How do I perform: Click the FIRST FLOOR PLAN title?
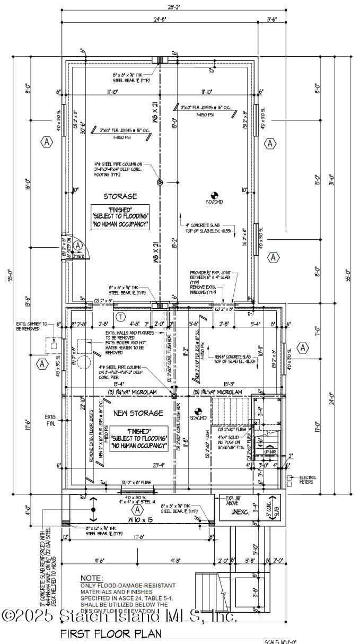(x=111, y=633)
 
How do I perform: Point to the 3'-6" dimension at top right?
(x=273, y=19)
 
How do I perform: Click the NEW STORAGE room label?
(x=138, y=413)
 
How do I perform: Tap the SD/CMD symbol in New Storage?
(x=198, y=412)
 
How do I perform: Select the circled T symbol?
(x=121, y=317)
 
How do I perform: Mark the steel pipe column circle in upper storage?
(x=160, y=182)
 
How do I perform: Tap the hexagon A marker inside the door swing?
(x=78, y=246)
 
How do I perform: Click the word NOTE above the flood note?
(x=91, y=578)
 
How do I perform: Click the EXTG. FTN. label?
(x=50, y=419)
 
